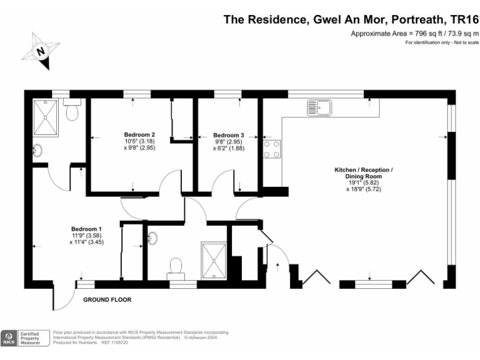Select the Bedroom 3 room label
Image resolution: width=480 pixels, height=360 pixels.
[x=228, y=135]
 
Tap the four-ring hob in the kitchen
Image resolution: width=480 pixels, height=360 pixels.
[x=272, y=149]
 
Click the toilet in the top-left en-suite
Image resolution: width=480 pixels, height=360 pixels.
[x=72, y=112]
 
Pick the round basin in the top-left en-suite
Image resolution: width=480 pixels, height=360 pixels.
[x=38, y=150]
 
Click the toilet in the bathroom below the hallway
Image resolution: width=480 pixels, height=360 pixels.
[x=176, y=266]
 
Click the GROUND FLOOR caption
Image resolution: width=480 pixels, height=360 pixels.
[x=107, y=300]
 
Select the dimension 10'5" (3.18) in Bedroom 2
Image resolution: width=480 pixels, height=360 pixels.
[x=139, y=141]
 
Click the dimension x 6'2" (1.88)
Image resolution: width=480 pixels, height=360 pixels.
[x=228, y=148]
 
